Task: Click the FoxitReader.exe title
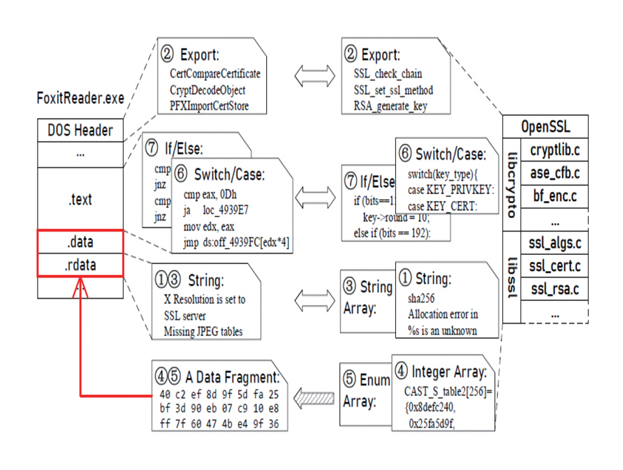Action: pos(80,98)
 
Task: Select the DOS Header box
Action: pos(80,130)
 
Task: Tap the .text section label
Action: pos(80,200)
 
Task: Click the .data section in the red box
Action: pos(80,242)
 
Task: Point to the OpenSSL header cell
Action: pos(545,127)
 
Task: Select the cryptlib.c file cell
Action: pos(555,149)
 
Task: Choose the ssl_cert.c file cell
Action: pos(555,265)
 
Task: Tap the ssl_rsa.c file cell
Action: pos(555,288)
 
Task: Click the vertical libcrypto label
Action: pos(513,184)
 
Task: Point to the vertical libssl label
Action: pos(513,277)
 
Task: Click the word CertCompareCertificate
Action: pos(215,73)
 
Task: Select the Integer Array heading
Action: pos(444,372)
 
